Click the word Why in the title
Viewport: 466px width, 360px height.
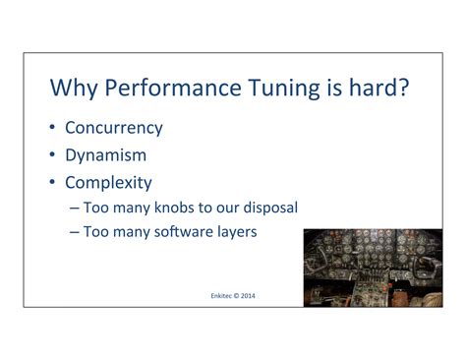[x=73, y=88]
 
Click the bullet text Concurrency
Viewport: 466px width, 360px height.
[x=114, y=128]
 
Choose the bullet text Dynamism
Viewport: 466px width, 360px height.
[x=106, y=154]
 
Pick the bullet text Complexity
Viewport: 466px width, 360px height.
[x=109, y=182]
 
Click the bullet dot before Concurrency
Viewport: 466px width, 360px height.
[x=53, y=128]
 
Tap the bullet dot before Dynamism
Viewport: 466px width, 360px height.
[x=53, y=154]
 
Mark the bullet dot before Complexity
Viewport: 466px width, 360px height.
[x=53, y=182]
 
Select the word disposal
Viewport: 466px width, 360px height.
[x=268, y=208]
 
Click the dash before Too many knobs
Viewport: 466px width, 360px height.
[x=78, y=209]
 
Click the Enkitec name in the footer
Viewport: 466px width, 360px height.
[x=223, y=294]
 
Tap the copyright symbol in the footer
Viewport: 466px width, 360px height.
[x=241, y=294]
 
